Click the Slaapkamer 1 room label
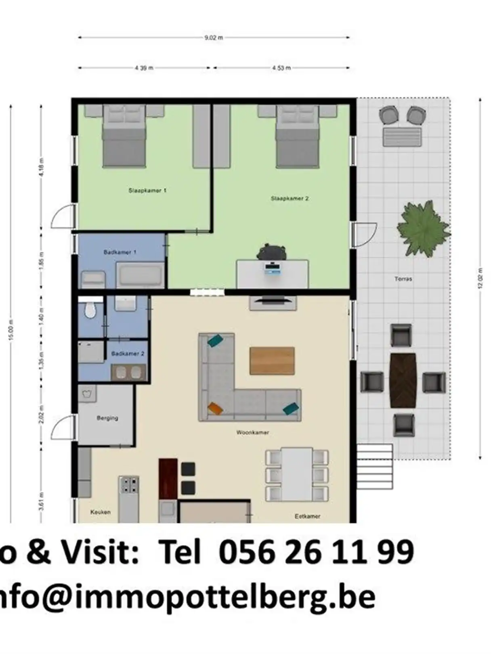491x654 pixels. click(147, 191)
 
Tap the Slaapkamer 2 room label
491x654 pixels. click(290, 199)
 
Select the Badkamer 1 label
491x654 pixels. click(120, 252)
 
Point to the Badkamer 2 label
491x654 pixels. click(128, 354)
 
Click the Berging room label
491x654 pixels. click(107, 418)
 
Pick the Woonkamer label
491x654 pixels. click(252, 432)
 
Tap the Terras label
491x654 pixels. click(403, 279)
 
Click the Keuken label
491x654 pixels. click(101, 512)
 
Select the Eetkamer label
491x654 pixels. click(307, 516)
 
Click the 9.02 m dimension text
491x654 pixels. click(214, 38)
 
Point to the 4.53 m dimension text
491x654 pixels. click(281, 68)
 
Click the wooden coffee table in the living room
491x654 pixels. click(272, 361)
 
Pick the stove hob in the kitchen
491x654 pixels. click(129, 486)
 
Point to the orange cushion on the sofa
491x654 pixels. click(215, 408)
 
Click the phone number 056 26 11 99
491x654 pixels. click(316, 552)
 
